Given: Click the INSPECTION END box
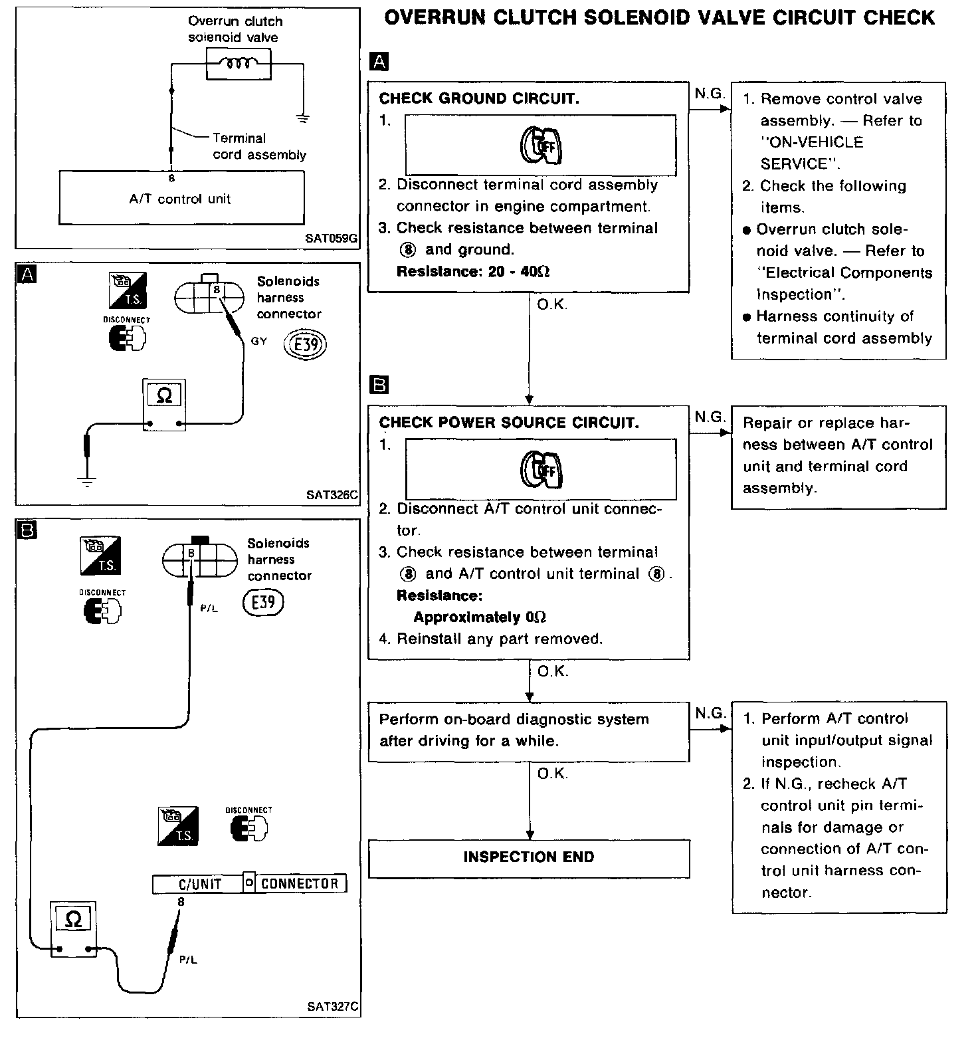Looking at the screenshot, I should click(529, 858).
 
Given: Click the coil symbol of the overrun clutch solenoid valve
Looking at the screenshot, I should click(238, 64).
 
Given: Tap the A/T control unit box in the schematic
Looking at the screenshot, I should click(181, 198).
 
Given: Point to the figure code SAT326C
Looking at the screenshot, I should click(332, 494).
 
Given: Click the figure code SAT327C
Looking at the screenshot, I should click(333, 1006).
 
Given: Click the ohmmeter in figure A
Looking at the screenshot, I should click(164, 405).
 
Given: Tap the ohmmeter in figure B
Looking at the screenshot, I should click(74, 929).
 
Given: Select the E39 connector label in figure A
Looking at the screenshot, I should click(306, 344).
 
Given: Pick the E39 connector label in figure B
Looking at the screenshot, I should click(264, 603).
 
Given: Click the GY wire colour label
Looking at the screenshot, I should click(258, 341).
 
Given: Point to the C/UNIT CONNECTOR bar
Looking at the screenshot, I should click(250, 883).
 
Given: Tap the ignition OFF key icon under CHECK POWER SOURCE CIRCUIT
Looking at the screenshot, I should click(541, 469).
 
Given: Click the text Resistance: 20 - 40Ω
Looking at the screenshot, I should click(473, 272).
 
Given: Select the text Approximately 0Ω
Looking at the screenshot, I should click(480, 617).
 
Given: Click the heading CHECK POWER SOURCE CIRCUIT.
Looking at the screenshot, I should click(509, 423).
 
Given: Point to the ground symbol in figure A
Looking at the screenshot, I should click(86, 481).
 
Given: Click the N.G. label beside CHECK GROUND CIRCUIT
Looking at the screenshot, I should click(709, 94).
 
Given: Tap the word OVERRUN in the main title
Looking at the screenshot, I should click(439, 18).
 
